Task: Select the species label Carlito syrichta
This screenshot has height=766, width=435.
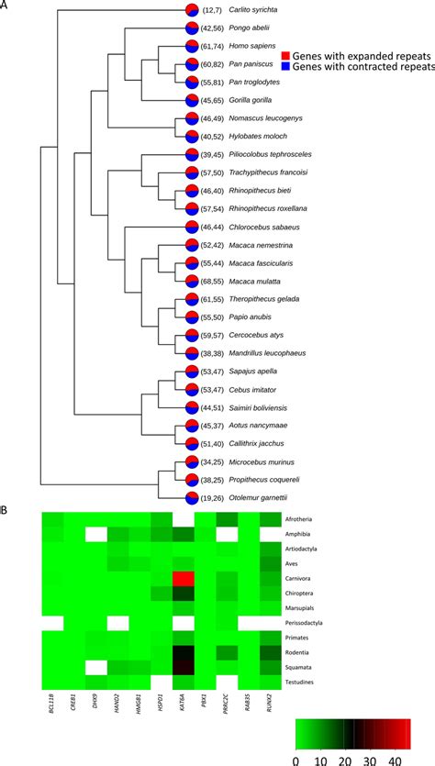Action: pos(255,10)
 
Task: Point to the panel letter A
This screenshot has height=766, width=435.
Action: pos(6,6)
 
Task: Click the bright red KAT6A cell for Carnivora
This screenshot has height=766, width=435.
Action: pos(184,579)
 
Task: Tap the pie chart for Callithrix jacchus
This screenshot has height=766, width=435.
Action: pos(192,445)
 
